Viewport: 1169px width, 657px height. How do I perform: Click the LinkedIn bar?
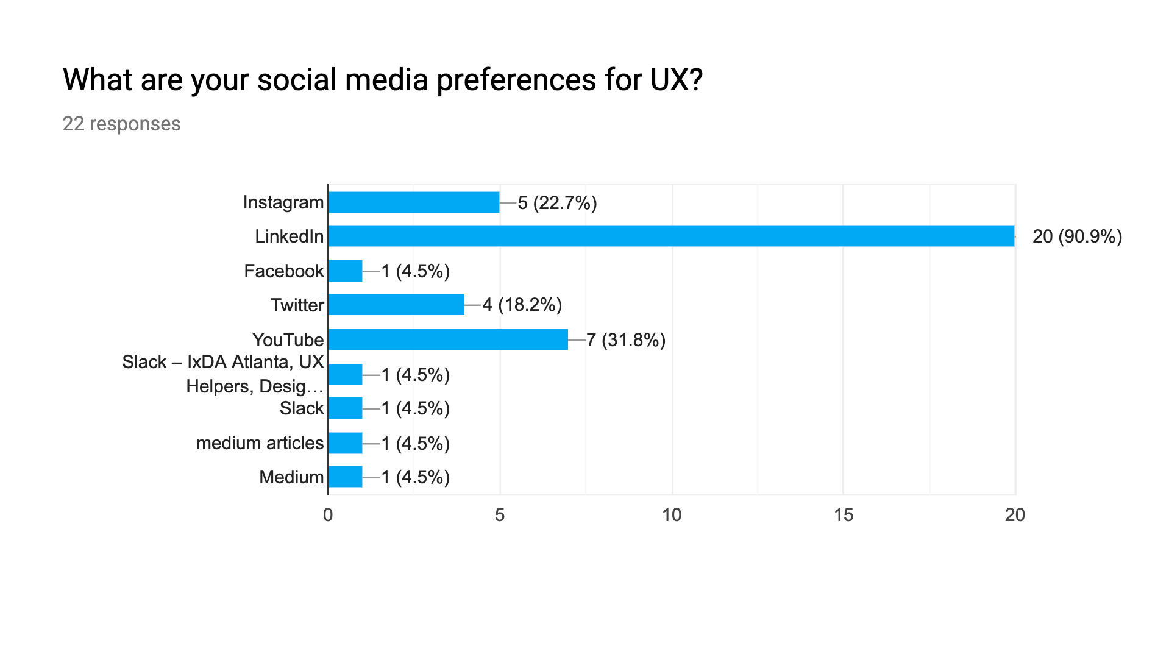click(670, 236)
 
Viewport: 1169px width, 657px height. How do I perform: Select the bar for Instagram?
click(413, 202)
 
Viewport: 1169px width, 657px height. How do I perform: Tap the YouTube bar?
click(447, 339)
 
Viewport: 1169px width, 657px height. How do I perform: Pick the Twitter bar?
click(396, 305)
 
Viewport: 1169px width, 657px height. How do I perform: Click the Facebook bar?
click(345, 271)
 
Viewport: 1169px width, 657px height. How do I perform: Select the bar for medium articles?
click(345, 443)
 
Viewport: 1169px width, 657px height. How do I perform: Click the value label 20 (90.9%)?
click(1077, 236)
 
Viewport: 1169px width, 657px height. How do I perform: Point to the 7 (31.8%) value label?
click(626, 340)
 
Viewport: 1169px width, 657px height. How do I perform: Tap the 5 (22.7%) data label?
click(557, 203)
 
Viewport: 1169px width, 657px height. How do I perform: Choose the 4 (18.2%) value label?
click(522, 305)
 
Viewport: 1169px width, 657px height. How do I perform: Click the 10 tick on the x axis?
click(672, 516)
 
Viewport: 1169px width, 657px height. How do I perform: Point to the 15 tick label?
click(843, 516)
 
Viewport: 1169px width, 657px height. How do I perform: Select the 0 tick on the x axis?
click(328, 516)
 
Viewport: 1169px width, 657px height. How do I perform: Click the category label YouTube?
click(288, 340)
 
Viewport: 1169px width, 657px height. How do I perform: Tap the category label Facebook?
click(283, 271)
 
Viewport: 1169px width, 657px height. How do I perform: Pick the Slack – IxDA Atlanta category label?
click(224, 374)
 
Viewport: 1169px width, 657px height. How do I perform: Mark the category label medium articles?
click(260, 443)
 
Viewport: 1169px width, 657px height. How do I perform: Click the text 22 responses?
click(121, 124)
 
